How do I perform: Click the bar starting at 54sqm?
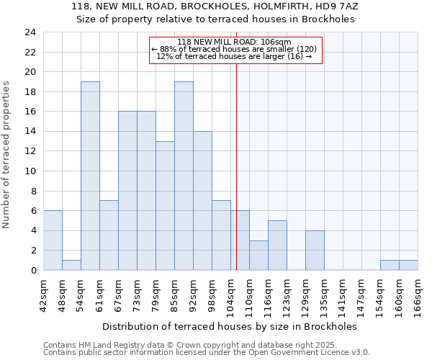90,176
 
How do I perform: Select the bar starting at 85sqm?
184,176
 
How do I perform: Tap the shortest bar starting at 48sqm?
71,265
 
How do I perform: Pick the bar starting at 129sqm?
315,250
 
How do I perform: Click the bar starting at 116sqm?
277,245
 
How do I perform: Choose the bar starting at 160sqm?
408,265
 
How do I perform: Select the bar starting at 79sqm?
165,205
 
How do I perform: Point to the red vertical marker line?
236,166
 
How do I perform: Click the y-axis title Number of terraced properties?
7,154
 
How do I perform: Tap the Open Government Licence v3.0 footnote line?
206,353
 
